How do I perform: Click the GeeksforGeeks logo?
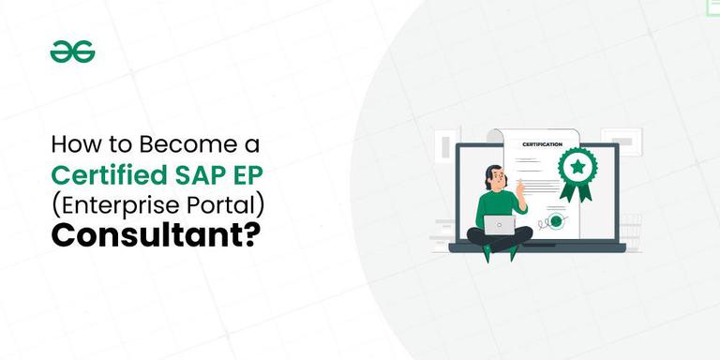(x=72, y=53)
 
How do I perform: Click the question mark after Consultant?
(x=253, y=234)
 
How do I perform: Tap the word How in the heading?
(x=70, y=146)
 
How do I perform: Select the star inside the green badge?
(x=578, y=166)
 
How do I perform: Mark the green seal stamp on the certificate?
(x=556, y=221)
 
